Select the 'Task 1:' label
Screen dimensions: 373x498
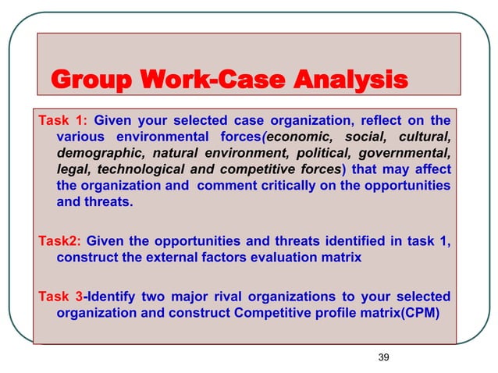pos(60,120)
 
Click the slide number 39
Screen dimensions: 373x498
pos(382,357)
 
